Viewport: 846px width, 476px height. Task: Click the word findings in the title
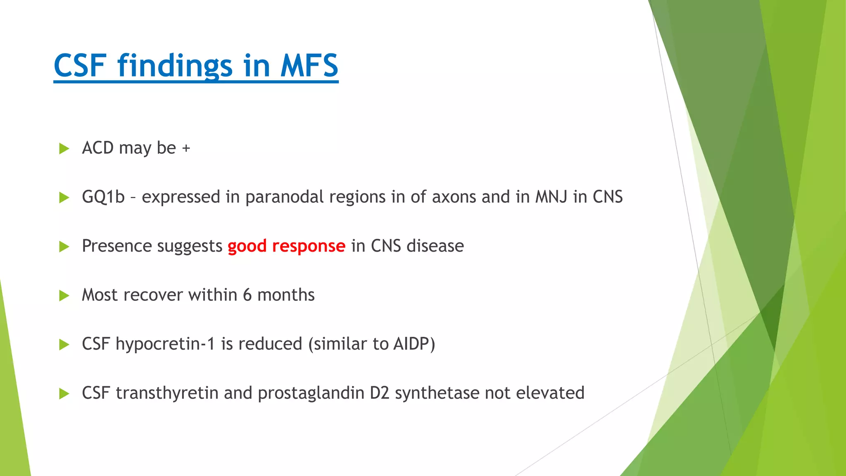pyautogui.click(x=175, y=66)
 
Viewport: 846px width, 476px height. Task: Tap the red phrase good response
pyautogui.click(x=286, y=246)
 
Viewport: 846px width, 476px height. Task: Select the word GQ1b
pyautogui.click(x=103, y=197)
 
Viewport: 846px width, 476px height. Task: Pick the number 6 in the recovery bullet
pyautogui.click(x=247, y=295)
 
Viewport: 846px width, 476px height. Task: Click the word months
pyautogui.click(x=286, y=295)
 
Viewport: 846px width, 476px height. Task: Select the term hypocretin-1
pyautogui.click(x=165, y=344)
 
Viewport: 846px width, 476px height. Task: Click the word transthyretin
pyautogui.click(x=167, y=393)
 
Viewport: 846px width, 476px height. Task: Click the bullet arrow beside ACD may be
pyautogui.click(x=64, y=148)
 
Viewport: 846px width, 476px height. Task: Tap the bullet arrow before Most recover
pyautogui.click(x=64, y=295)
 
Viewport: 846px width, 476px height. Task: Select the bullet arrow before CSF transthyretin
pyautogui.click(x=64, y=393)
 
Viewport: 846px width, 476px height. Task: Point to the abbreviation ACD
pyautogui.click(x=97, y=148)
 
